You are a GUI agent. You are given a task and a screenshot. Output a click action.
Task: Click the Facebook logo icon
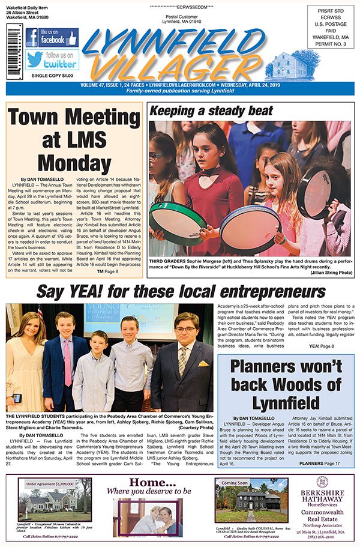coord(32,38)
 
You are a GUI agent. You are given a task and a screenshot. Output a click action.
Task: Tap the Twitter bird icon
coord(34,59)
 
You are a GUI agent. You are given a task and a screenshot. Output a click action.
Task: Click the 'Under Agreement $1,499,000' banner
coord(55,482)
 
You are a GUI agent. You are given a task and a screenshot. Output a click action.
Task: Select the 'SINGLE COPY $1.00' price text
coord(51,76)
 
